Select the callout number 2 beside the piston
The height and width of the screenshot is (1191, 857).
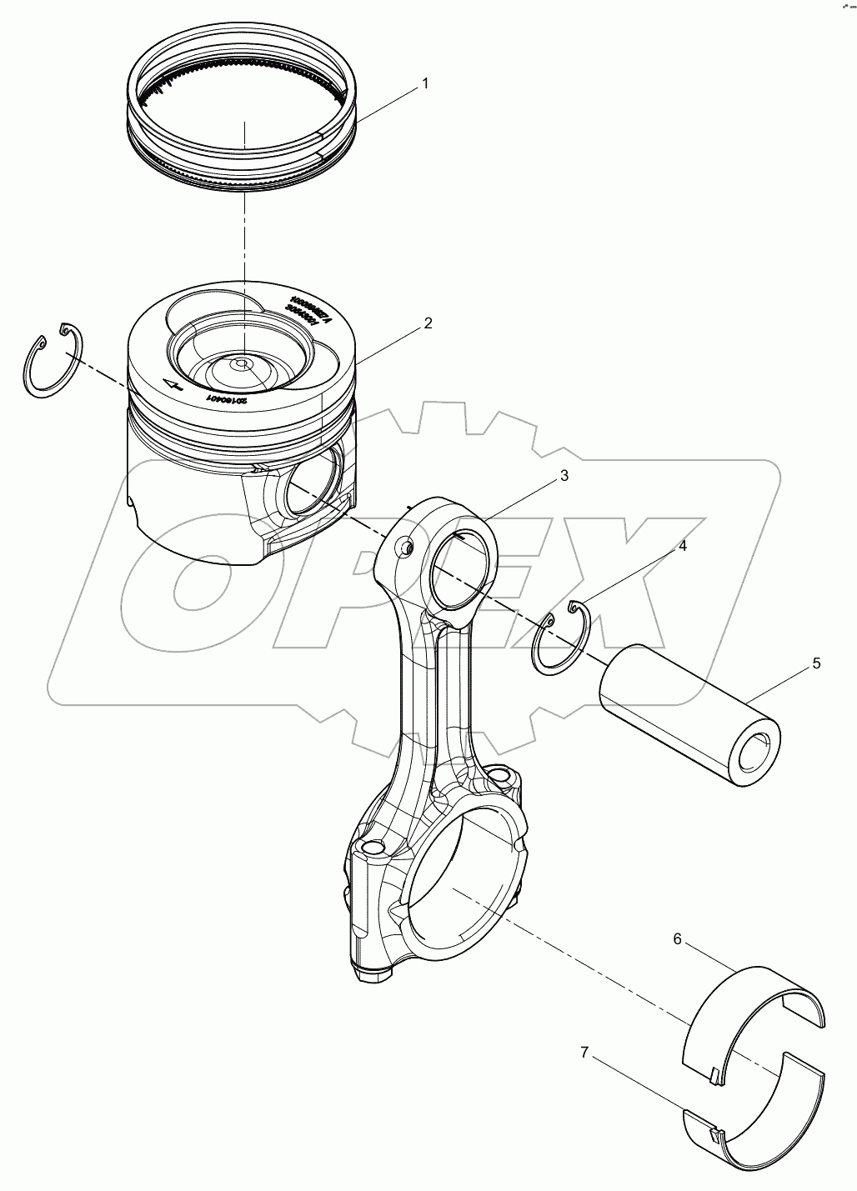pos(428,323)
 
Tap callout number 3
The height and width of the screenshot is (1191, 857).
pos(564,476)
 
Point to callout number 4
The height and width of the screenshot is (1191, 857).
pos(682,547)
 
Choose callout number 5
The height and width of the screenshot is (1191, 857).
pos(816,663)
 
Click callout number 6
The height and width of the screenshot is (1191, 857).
pos(677,939)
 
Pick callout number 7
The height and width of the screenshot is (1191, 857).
pos(584,1053)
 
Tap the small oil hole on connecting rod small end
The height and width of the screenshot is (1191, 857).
pos(404,547)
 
